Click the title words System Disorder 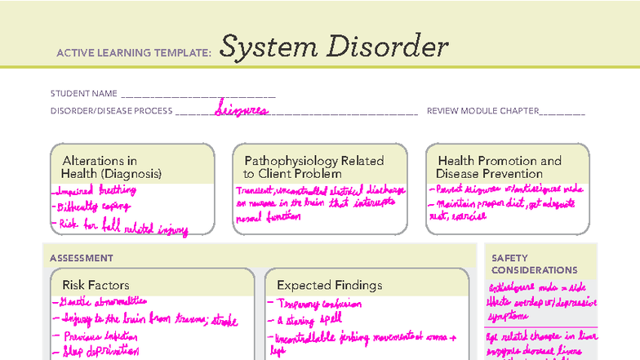tap(334, 47)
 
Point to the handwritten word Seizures tap(242, 109)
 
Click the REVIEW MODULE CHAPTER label tap(482, 111)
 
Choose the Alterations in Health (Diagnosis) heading tap(112, 167)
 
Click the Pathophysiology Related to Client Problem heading tap(313, 167)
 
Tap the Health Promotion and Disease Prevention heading tap(500, 167)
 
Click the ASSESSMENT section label tap(82, 258)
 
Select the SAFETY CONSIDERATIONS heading tap(534, 264)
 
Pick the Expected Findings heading tap(329, 285)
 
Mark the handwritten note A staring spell tap(301, 320)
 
